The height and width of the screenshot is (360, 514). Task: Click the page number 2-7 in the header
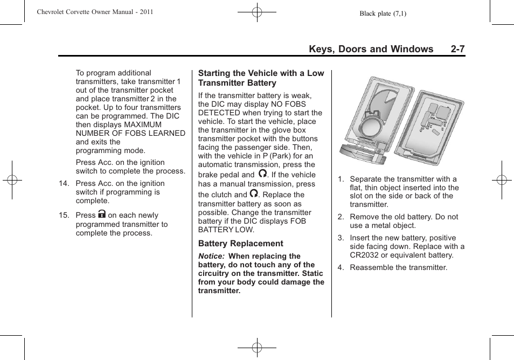click(457, 49)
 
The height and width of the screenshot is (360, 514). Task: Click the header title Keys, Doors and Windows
click(371, 49)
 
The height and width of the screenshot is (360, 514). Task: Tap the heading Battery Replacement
click(240, 244)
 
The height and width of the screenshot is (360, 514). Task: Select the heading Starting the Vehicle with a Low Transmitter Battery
click(261, 78)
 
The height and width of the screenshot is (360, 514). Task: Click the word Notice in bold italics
click(211, 257)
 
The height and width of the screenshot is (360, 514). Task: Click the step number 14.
click(64, 184)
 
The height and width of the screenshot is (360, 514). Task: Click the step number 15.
click(64, 216)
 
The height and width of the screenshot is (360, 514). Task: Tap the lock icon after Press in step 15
click(102, 214)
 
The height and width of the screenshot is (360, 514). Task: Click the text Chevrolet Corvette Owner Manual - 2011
click(95, 12)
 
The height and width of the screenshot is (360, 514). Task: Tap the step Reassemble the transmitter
click(398, 267)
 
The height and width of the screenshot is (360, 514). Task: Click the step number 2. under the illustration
click(341, 217)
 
